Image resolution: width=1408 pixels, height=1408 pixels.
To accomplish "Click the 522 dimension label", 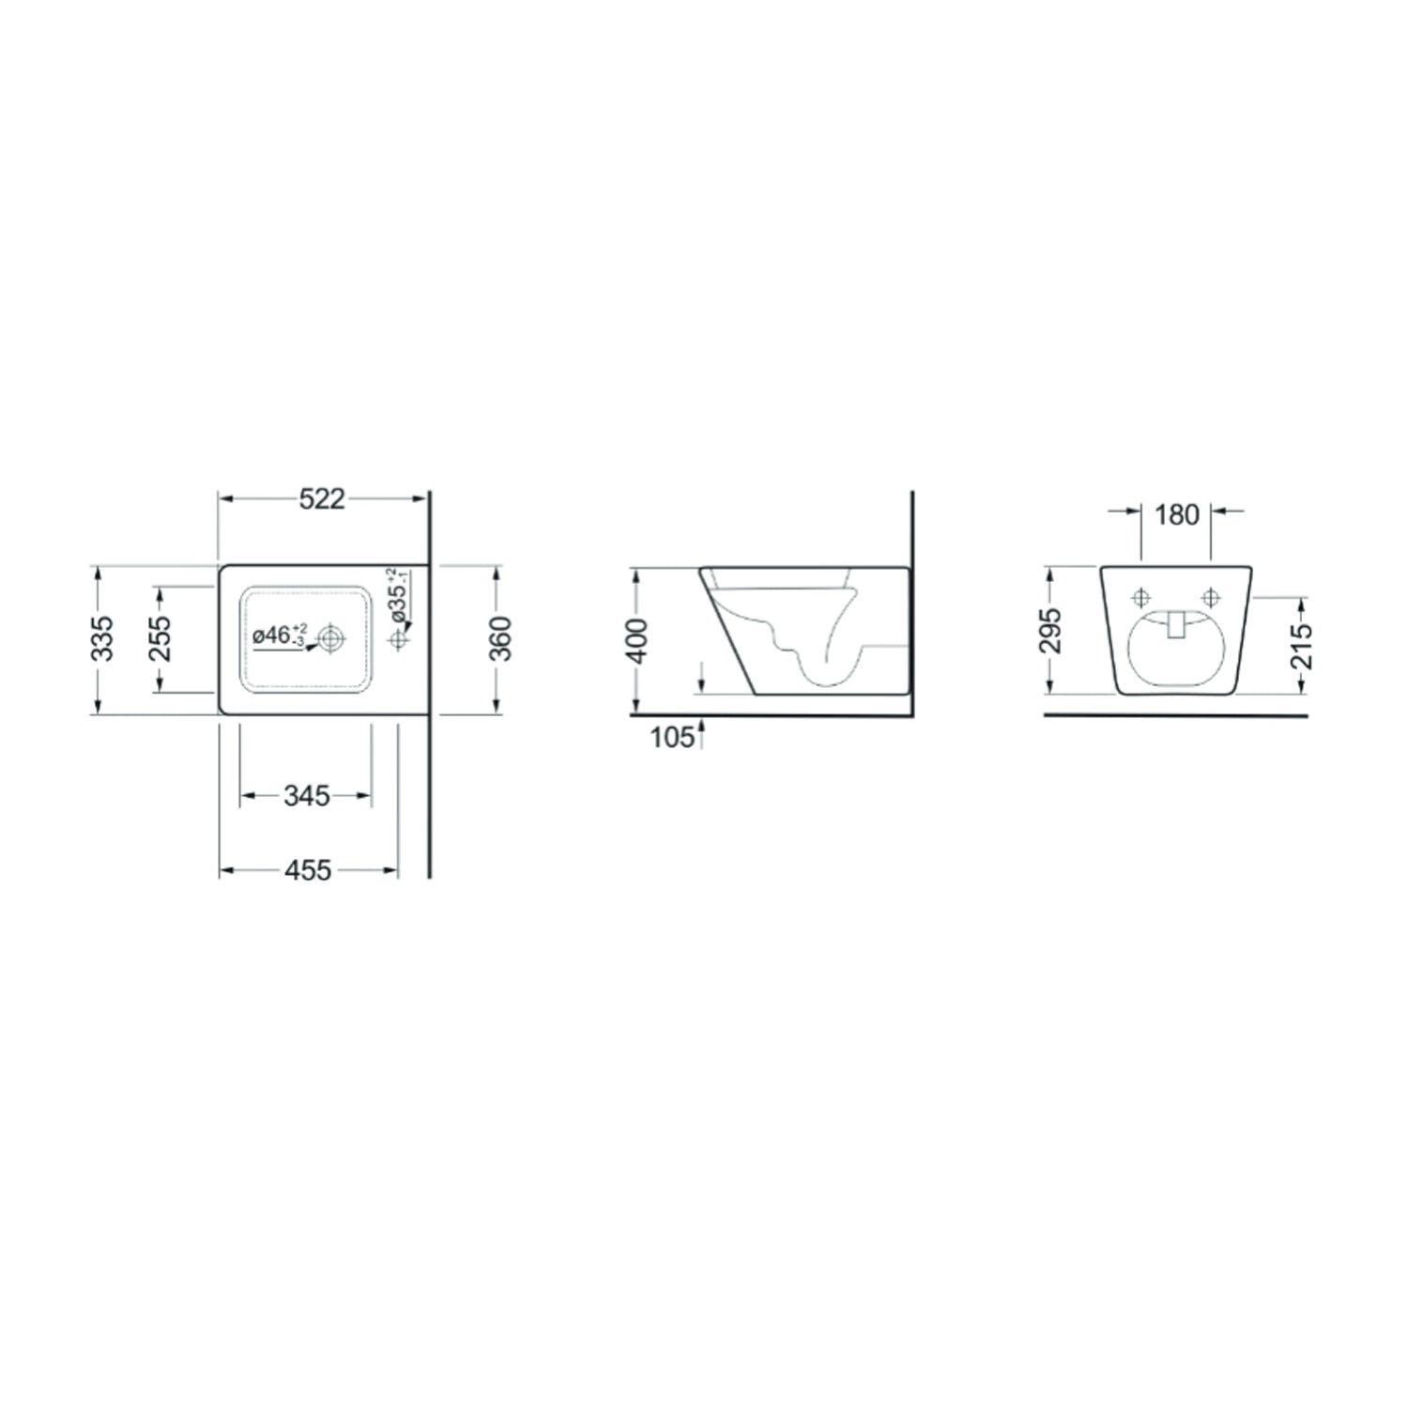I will click(322, 499).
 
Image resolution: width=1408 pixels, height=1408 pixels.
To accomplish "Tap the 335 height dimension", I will click(102, 638).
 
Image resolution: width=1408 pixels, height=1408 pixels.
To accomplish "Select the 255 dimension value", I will click(161, 638).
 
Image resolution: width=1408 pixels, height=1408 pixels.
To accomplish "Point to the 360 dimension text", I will click(501, 638).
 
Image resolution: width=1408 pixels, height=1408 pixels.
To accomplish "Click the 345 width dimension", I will click(307, 796).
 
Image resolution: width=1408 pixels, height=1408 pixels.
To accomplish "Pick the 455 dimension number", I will click(308, 871).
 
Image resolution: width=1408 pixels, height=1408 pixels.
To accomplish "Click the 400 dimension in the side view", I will click(637, 641).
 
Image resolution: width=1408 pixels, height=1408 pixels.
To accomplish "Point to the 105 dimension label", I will click(670, 738).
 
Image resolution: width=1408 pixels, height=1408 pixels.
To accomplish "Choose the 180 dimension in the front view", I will click(1177, 514).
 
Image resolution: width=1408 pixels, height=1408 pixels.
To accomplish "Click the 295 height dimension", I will click(1050, 631).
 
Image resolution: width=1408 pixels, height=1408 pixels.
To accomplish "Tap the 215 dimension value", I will click(1301, 646).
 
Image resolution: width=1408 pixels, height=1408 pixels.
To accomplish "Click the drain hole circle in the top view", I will click(330, 639).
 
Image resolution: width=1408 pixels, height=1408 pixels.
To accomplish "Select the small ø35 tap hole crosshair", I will click(399, 639).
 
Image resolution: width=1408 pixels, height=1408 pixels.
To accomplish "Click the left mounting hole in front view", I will click(1141, 597).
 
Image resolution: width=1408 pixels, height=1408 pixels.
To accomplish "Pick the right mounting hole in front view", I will click(1211, 597).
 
